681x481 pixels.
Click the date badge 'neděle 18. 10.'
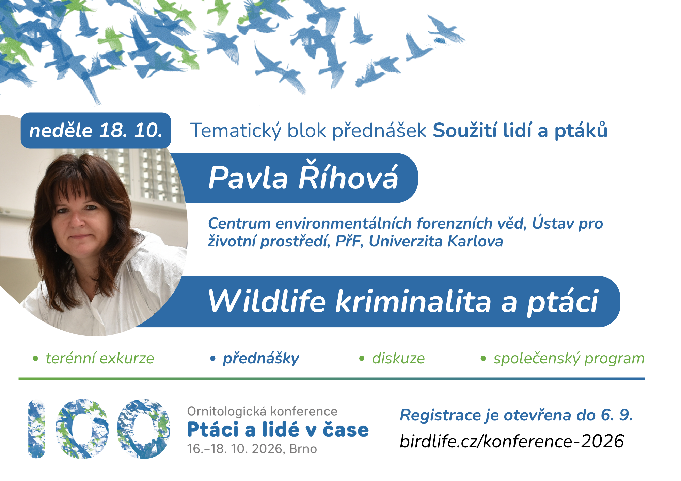coord(96,130)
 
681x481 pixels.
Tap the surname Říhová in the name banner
coord(348,177)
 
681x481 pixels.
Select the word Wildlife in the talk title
coord(267,301)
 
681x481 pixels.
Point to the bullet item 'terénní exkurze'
coord(100,358)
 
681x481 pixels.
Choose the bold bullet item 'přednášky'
coord(261,359)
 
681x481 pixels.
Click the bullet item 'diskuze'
coord(398,358)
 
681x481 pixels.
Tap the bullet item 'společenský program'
coord(569,359)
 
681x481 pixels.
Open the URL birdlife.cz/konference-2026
coord(512,441)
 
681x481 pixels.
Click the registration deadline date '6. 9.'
coord(617,415)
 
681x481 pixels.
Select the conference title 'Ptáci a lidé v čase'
coord(278,429)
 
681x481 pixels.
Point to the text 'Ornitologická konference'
coord(262,411)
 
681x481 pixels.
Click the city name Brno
coord(303,449)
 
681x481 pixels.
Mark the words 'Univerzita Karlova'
coord(436,241)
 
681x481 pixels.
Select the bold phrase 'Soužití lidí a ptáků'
coord(520,130)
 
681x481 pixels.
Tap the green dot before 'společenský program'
coord(483,359)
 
